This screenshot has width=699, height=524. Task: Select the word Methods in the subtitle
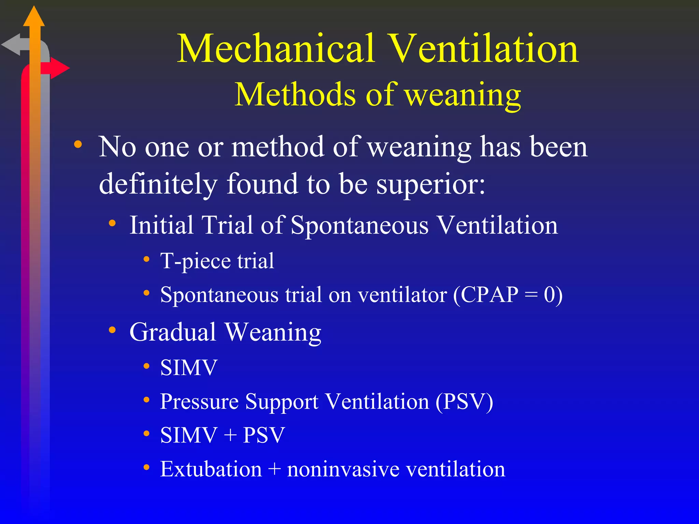click(x=295, y=94)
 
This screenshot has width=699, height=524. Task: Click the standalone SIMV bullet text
click(x=189, y=368)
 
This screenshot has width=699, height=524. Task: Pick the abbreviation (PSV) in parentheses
click(x=464, y=402)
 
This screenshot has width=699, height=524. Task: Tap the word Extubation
click(x=211, y=469)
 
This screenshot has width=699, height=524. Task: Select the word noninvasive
click(x=343, y=469)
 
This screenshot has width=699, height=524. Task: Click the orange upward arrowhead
click(x=34, y=17)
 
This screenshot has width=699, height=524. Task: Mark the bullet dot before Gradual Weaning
click(x=112, y=330)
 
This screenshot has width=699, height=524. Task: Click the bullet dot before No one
click(x=78, y=144)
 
